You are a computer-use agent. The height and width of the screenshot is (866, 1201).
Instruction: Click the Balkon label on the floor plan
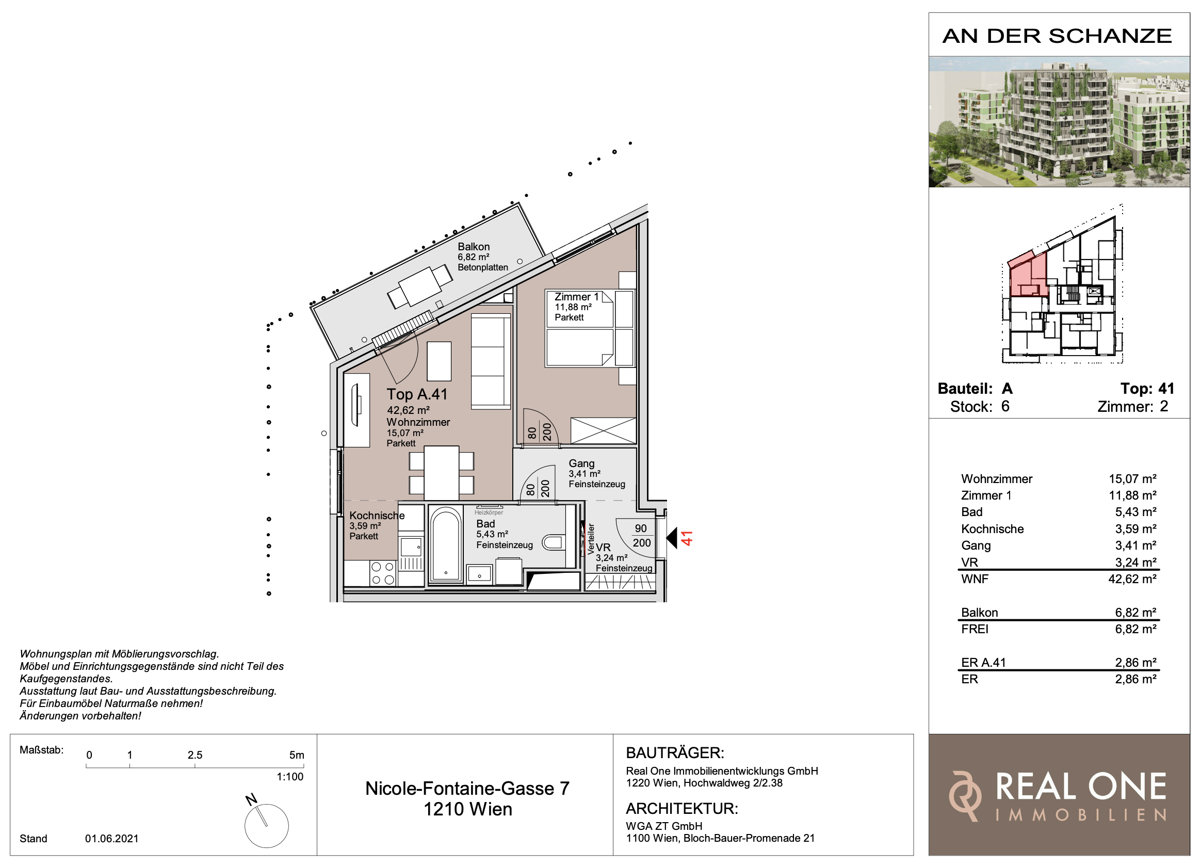pos(474,247)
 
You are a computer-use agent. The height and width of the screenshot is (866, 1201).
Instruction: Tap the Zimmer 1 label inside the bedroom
pos(576,297)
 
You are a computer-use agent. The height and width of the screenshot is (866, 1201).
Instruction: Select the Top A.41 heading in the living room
pos(417,395)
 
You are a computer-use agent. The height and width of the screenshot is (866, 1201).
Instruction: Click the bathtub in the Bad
pos(446,544)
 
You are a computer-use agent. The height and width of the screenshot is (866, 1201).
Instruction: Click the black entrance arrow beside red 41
pos(671,538)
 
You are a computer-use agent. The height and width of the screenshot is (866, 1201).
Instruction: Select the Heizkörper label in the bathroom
pos(488,512)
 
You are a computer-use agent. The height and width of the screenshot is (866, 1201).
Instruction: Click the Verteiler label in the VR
pos(591,539)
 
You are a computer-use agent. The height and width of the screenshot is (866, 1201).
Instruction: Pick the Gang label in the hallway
pos(581,463)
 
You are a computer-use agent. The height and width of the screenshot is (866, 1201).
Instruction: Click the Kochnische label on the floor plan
pos(377,516)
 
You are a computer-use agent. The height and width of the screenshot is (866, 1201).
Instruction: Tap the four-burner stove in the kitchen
pos(383,573)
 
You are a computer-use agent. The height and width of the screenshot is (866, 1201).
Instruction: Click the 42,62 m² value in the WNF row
pos(1132,579)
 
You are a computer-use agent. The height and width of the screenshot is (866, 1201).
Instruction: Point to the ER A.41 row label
pos(983,663)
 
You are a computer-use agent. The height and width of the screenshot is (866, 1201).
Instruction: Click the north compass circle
pos(266,826)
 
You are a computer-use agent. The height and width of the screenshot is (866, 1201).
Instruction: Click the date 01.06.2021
pos(112,839)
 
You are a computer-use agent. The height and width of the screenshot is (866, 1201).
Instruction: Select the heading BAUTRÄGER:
pos(675,753)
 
